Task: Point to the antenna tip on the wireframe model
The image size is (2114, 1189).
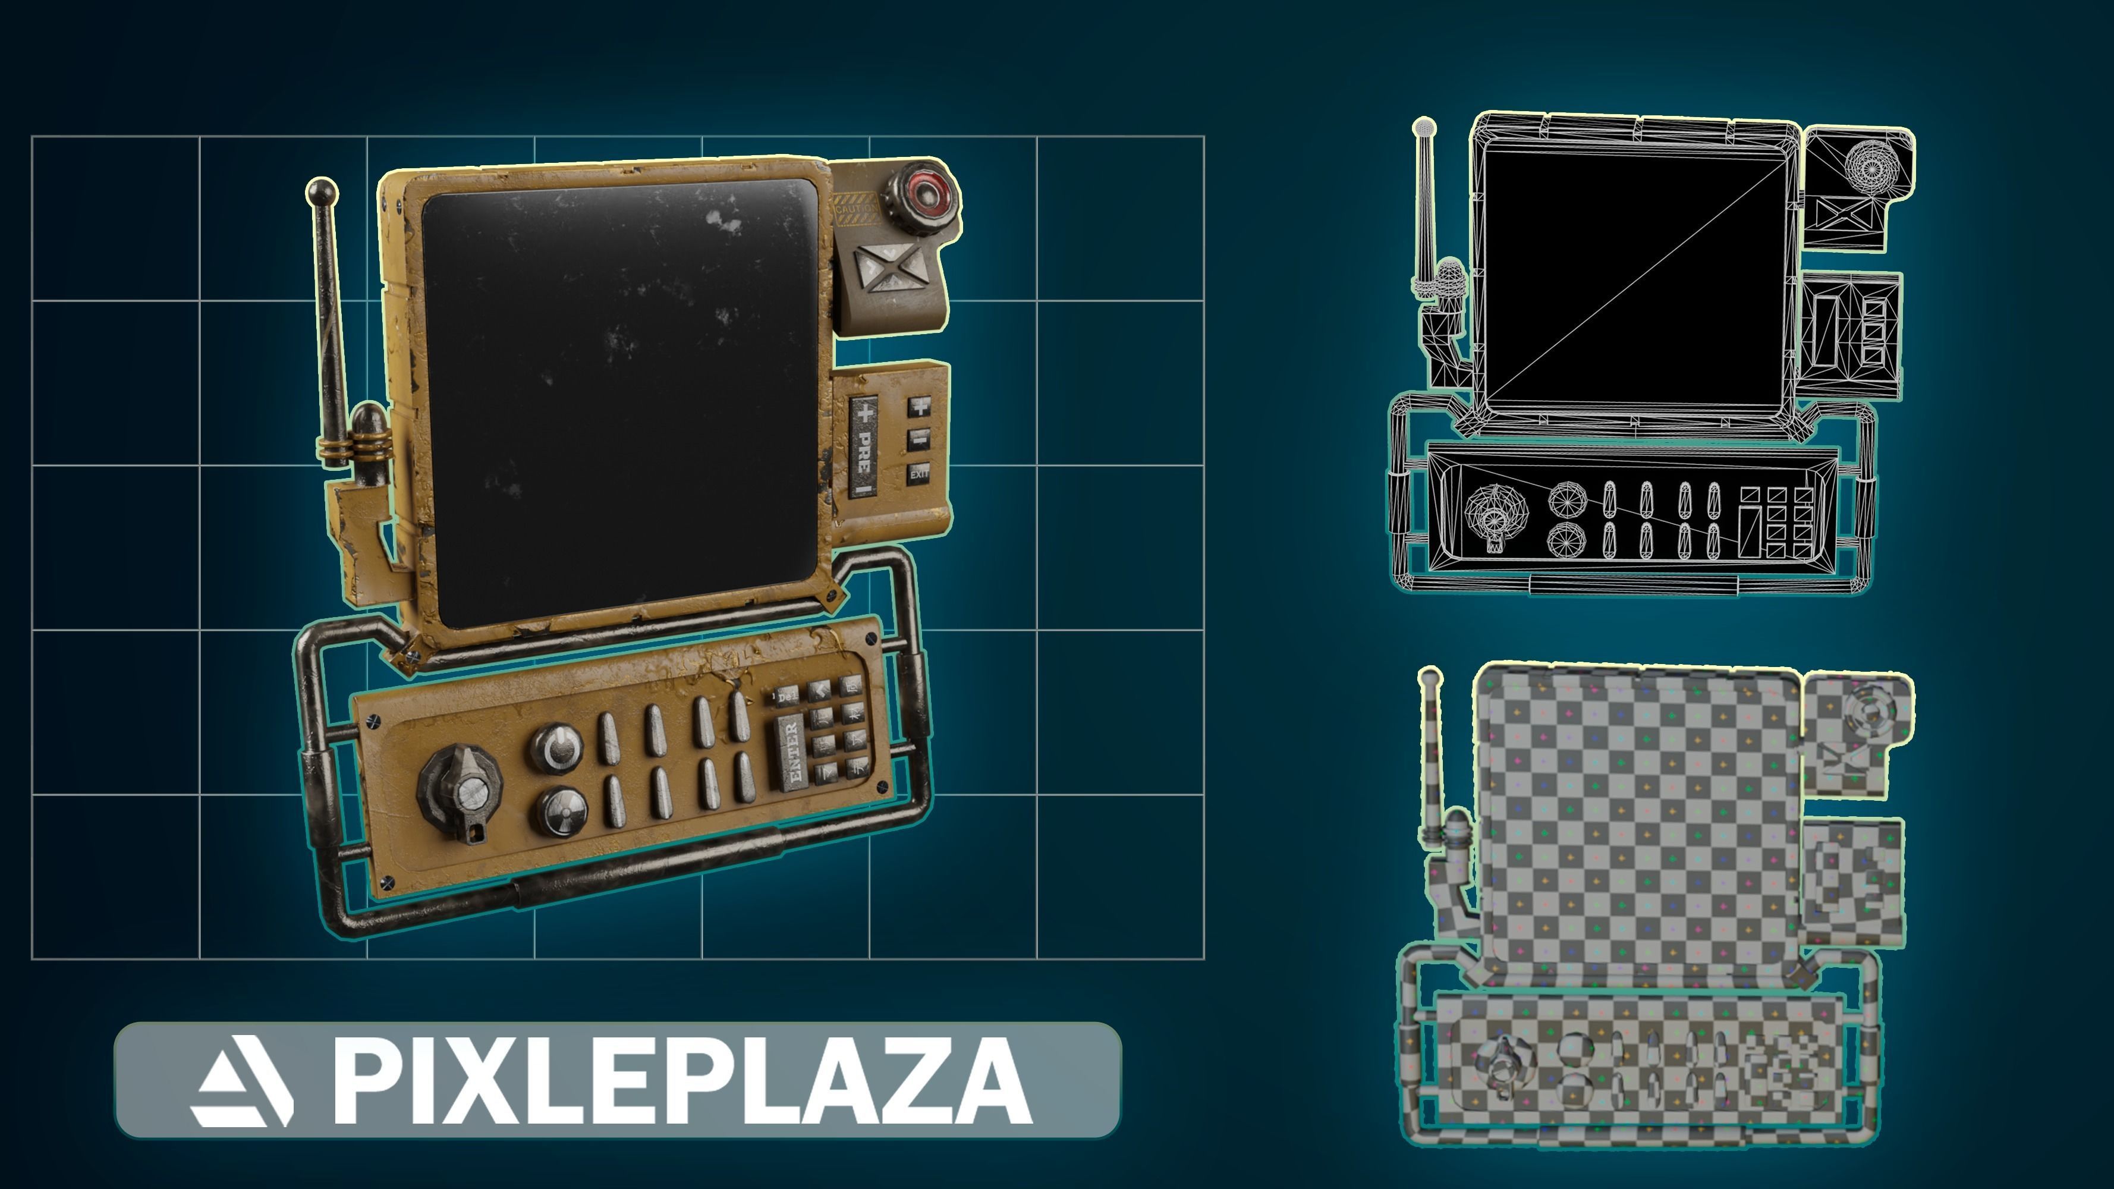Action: pyautogui.click(x=1424, y=128)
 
